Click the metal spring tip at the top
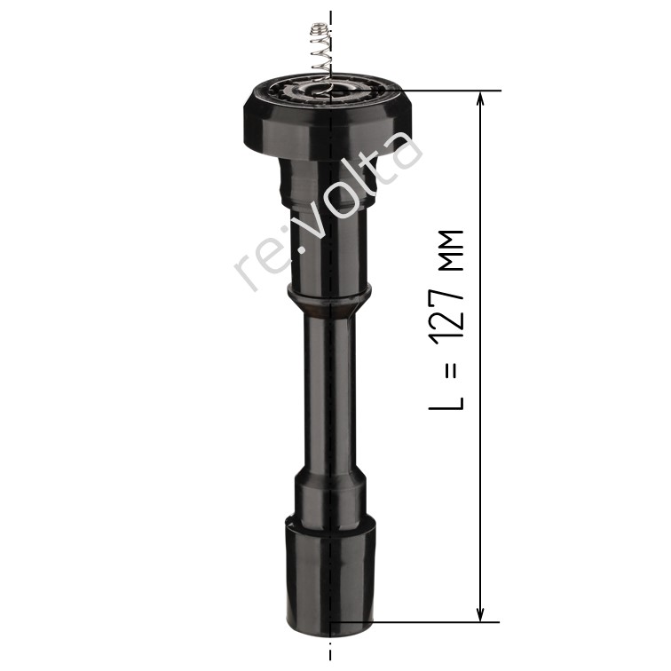coord(316,31)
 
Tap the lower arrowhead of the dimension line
coord(480,614)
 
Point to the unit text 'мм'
coord(452,251)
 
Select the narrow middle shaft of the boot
coord(329,394)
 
